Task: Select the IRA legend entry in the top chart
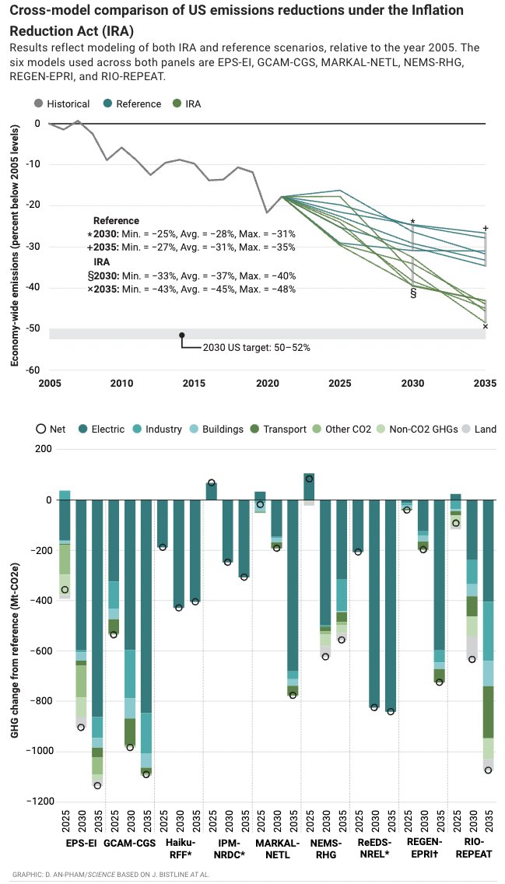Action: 188,103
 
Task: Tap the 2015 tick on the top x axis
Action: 195,383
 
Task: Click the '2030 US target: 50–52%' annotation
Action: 256,348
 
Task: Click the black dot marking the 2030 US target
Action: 182,335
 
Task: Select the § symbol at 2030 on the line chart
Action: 413,294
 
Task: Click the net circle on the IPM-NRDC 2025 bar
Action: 211,482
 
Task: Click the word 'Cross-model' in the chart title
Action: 47,10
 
